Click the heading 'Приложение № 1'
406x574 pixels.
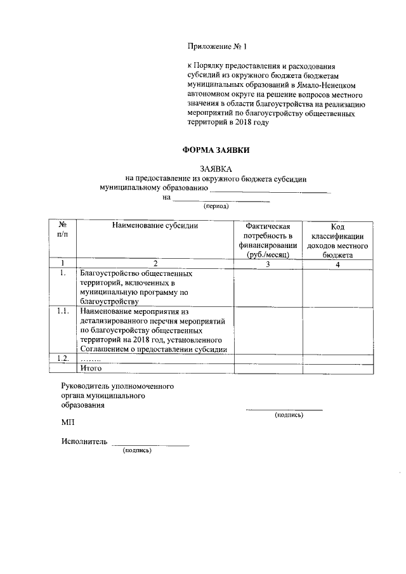coord(216,46)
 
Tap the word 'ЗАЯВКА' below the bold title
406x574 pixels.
coord(216,169)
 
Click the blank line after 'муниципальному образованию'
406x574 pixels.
coord(270,188)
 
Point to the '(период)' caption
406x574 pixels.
coord(216,206)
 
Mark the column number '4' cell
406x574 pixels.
coord(338,264)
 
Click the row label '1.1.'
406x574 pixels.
coord(62,311)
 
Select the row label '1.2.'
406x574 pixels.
coord(62,358)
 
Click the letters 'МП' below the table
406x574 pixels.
coord(68,422)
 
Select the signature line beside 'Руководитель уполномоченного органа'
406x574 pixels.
coord(284,409)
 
